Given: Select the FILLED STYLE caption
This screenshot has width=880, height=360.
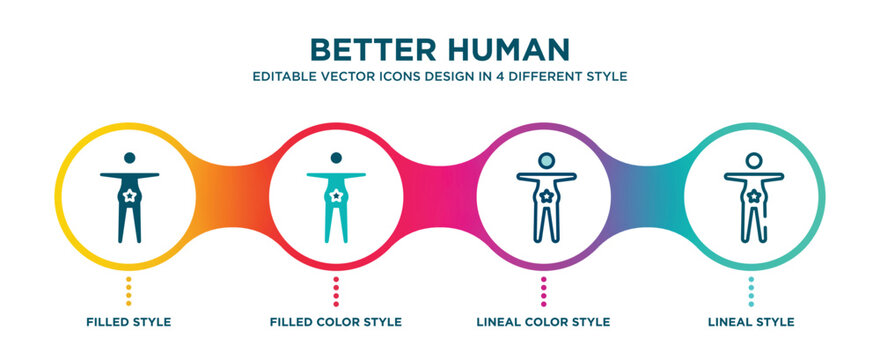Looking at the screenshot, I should click(x=128, y=322).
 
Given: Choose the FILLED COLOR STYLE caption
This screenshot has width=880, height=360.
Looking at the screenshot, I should click(x=336, y=322).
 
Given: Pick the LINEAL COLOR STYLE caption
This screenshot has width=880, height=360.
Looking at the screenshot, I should click(x=543, y=322).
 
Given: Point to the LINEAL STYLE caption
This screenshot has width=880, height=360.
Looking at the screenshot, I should click(x=750, y=322).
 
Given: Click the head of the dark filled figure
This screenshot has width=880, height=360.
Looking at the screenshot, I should click(x=129, y=158).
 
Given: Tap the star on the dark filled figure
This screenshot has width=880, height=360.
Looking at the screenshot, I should click(x=129, y=196).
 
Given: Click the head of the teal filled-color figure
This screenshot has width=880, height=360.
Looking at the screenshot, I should click(x=336, y=158).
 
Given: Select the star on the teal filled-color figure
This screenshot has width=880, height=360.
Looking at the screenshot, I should click(x=336, y=196).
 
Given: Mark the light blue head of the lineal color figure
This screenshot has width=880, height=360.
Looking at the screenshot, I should click(x=543, y=159).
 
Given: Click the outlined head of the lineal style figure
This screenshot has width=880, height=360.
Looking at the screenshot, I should click(x=750, y=159).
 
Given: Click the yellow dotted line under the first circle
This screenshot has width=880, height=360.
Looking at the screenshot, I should click(x=129, y=290).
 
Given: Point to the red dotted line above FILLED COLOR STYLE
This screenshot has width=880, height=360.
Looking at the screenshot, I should click(x=336, y=290).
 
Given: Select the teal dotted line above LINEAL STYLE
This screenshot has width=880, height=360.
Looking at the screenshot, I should click(x=750, y=290).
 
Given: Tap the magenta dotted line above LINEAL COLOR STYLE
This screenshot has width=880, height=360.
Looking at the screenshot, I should click(x=543, y=290).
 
